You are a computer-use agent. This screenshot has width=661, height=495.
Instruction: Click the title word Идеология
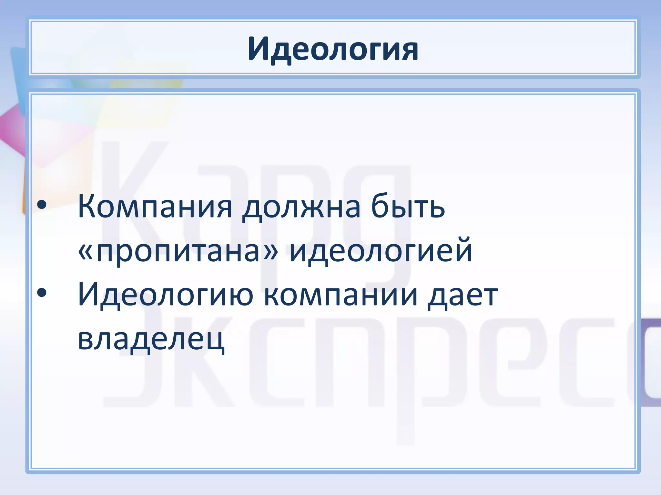[x=333, y=49]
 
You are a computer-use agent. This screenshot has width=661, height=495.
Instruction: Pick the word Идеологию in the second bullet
[x=166, y=295]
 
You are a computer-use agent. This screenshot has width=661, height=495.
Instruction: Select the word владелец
[x=151, y=339]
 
